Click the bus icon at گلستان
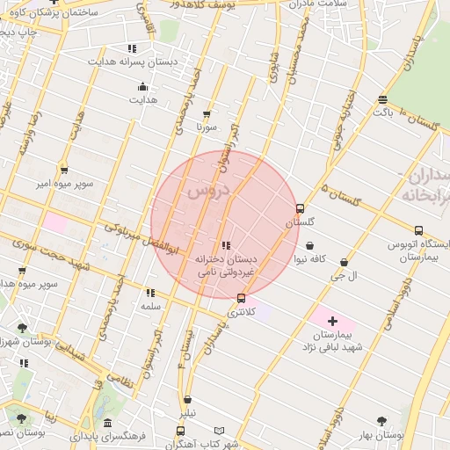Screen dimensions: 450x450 click(301, 209)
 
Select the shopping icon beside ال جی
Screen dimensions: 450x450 click(343, 262)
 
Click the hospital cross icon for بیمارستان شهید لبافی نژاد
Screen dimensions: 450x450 click(332, 322)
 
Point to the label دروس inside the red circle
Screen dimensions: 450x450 click(207, 191)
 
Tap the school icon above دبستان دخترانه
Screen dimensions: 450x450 click(226, 246)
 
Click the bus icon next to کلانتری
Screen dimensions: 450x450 click(242, 299)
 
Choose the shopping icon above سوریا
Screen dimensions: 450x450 click(207, 113)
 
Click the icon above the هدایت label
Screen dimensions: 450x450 click(142, 86)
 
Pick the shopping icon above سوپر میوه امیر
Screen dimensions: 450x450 click(63, 170)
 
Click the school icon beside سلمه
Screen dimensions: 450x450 click(150, 293)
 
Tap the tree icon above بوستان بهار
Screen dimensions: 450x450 click(381, 421)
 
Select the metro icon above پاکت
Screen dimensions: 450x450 click(382, 98)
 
